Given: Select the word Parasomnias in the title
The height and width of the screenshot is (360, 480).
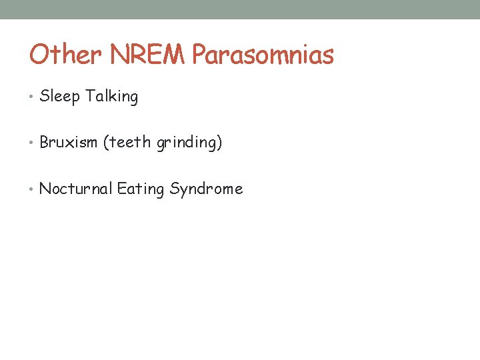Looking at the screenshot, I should [263, 55].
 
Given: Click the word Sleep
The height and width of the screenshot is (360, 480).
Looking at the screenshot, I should [59, 97].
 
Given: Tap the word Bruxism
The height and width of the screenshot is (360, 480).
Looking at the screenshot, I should [69, 143].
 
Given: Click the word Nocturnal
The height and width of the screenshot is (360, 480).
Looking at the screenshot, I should [76, 189].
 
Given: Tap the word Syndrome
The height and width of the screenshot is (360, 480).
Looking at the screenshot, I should [206, 189].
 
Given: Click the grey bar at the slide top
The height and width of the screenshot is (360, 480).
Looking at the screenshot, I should [240, 9].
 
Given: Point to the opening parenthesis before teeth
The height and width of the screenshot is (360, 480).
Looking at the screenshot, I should [105, 143].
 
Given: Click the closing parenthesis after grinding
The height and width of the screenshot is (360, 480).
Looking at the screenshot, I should [219, 143].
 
